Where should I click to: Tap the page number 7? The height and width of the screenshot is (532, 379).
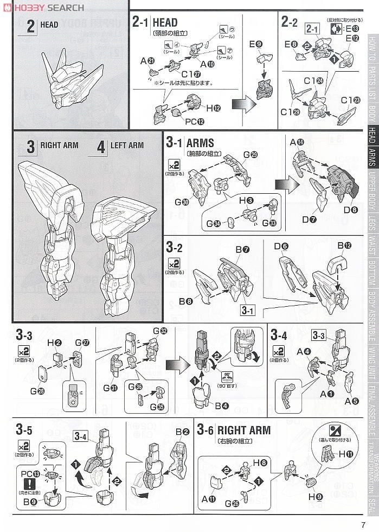click(370, 523)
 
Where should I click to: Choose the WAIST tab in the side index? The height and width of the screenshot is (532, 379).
click(372, 248)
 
